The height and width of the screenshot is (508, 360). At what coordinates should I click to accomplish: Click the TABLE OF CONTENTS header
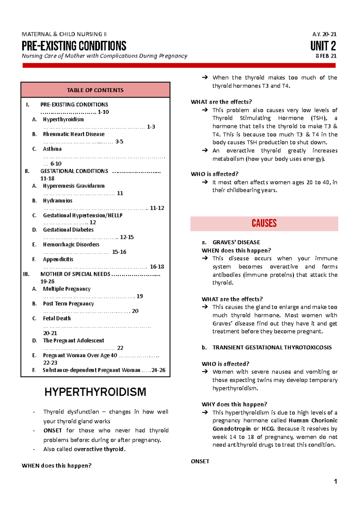(x=95, y=90)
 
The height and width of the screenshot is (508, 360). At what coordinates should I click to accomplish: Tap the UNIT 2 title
(x=323, y=46)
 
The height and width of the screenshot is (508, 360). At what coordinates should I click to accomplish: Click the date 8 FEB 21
(x=326, y=56)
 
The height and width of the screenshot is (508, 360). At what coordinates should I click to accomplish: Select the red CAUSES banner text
(x=264, y=223)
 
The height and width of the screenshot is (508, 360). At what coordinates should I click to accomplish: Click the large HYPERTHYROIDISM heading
(x=95, y=392)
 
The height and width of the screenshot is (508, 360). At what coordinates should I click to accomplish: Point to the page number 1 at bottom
(x=335, y=481)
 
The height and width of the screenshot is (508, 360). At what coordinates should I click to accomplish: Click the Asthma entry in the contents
(x=52, y=149)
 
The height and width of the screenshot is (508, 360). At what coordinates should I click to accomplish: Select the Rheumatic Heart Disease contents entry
(x=74, y=134)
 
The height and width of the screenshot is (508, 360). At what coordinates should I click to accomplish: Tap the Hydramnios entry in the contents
(x=58, y=201)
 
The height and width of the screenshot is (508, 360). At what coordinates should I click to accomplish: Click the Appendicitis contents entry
(x=58, y=259)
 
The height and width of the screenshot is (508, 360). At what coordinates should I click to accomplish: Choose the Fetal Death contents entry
(x=57, y=318)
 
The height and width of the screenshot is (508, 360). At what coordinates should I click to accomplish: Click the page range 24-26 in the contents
(x=158, y=370)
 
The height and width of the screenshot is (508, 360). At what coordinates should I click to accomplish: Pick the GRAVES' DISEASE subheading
(x=236, y=242)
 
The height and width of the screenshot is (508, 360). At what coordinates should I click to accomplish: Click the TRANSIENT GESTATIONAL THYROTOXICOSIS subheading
(x=272, y=347)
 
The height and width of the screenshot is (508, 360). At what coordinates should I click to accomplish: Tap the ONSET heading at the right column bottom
(x=200, y=461)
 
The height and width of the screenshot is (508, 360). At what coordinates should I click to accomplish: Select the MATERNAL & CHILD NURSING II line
(x=64, y=34)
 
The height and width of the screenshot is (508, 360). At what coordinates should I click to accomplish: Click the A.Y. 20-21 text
(x=324, y=34)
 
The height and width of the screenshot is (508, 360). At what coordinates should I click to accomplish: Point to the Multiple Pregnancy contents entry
(x=67, y=289)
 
